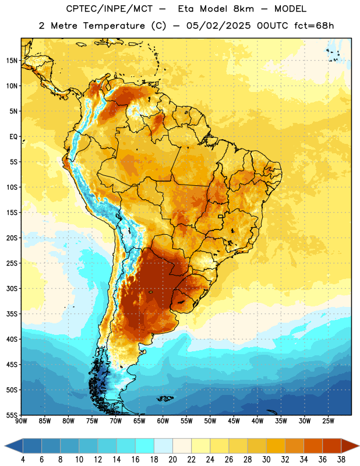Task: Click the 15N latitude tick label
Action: click(12, 61)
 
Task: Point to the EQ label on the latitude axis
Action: click(13, 137)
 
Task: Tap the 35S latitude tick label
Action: click(12, 314)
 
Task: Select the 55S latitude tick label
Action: click(12, 415)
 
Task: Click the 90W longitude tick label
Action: click(21, 421)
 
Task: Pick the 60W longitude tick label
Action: click(163, 421)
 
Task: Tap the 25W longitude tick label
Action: click(328, 421)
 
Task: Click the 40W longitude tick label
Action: click(257, 421)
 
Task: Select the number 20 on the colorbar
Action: click(172, 460)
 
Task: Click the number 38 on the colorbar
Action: click(341, 460)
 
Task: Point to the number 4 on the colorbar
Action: click(23, 460)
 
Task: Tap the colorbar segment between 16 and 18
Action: click(145, 446)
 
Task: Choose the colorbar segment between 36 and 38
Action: click(332, 446)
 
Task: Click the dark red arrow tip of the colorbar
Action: click(359, 446)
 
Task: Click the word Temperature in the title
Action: click(114, 26)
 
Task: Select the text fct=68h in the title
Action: click(314, 26)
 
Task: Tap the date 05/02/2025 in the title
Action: click(218, 26)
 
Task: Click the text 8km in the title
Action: click(243, 9)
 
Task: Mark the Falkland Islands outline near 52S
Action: click(165, 398)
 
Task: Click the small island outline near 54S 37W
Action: click(272, 412)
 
